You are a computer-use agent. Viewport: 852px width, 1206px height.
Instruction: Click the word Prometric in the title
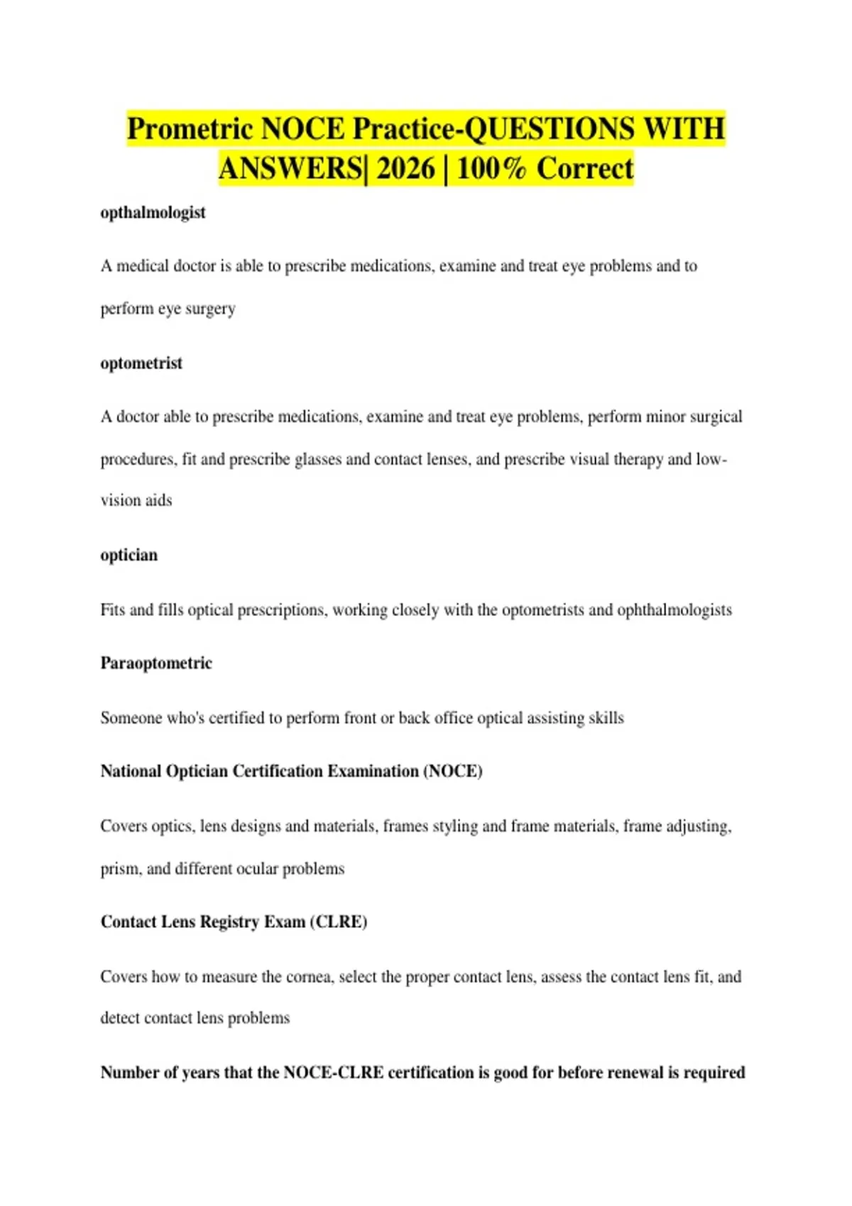(190, 129)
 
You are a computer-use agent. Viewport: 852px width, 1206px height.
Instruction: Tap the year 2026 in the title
(405, 169)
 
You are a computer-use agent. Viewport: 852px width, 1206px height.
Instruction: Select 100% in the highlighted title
(491, 169)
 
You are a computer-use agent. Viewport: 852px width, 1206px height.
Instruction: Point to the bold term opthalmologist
(153, 213)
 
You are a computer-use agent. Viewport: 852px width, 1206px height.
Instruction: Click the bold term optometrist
(141, 363)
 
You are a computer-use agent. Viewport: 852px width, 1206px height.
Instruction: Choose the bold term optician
(129, 555)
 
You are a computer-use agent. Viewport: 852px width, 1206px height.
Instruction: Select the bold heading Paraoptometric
(156, 663)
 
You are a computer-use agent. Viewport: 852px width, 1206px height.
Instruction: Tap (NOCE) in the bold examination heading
(453, 771)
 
